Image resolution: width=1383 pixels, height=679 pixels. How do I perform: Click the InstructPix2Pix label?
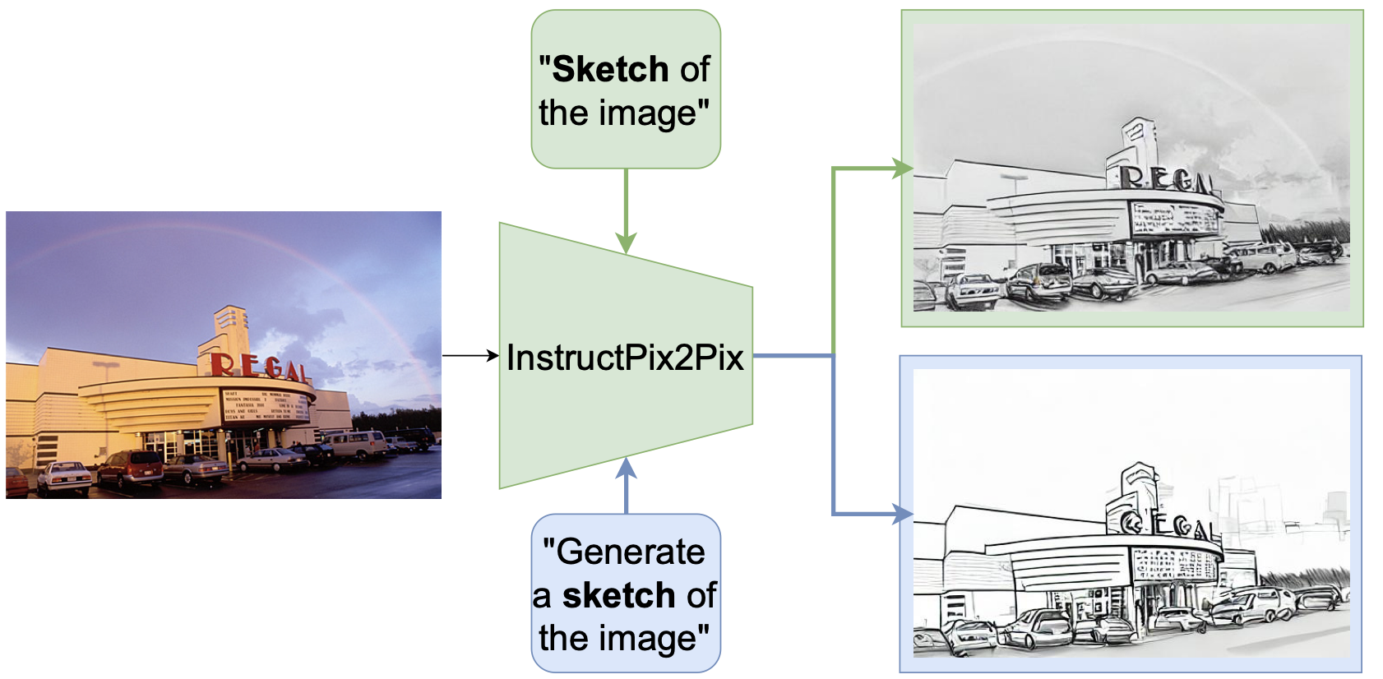[625, 358]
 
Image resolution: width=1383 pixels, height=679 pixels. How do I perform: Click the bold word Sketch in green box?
[609, 69]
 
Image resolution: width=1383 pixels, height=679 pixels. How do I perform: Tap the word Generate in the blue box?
[631, 552]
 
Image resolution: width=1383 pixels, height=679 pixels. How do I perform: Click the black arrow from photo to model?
[470, 356]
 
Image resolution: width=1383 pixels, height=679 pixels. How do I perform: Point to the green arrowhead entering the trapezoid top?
[626, 242]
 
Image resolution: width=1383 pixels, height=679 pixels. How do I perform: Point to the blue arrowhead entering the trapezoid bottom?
[626, 469]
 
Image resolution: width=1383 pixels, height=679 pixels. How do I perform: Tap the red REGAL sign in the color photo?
[259, 367]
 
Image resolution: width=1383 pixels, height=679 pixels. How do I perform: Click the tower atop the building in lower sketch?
[1140, 485]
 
